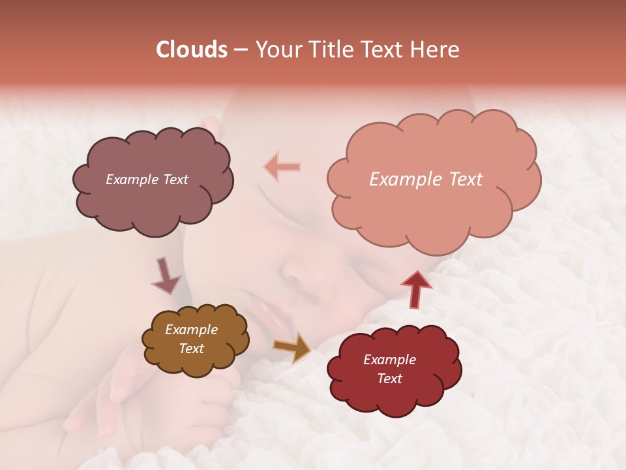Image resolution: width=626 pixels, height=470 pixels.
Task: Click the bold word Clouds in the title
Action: click(192, 50)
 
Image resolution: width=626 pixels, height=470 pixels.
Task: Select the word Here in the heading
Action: click(437, 50)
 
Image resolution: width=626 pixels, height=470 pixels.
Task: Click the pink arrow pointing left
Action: click(282, 167)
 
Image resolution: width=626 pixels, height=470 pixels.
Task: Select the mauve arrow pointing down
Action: click(166, 275)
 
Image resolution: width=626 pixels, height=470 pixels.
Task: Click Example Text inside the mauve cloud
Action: click(147, 180)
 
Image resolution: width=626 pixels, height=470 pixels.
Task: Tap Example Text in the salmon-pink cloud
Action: click(426, 180)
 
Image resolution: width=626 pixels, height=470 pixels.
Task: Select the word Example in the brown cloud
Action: click(191, 330)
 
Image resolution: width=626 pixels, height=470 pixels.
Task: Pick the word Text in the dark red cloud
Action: click(389, 379)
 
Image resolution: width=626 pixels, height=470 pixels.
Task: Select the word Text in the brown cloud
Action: click(191, 349)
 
